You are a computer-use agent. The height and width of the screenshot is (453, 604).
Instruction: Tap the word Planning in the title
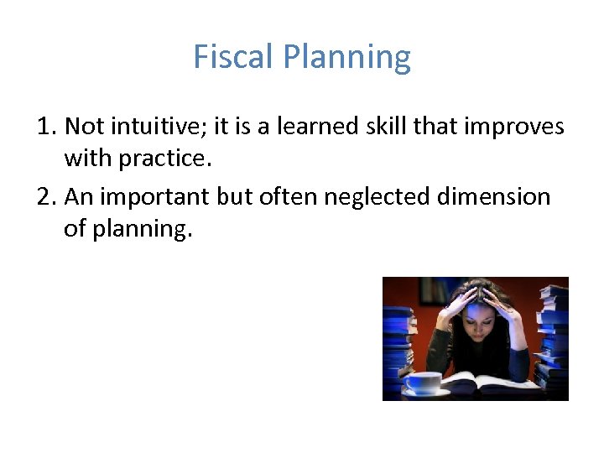tap(346, 57)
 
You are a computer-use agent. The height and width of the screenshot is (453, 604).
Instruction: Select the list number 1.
tap(46, 127)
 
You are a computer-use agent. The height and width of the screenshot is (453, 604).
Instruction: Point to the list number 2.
tap(46, 197)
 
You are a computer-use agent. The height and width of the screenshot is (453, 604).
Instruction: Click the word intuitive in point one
tap(159, 127)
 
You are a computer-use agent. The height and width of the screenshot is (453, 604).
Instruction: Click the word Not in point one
tap(83, 127)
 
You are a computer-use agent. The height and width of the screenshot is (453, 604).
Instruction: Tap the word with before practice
tap(87, 158)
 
